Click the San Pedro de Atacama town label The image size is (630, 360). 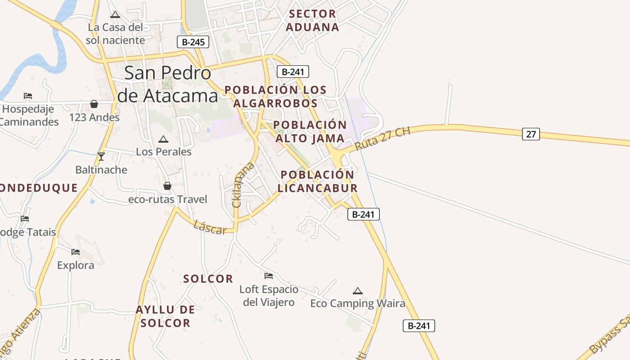coord(167,84)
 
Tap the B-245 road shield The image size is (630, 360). coord(193,42)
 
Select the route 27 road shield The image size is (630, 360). coord(531,134)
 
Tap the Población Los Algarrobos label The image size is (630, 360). coord(275,96)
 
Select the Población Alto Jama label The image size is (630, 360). coord(310,131)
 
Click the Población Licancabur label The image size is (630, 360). coord(317,181)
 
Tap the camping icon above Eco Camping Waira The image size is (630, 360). coord(358,291)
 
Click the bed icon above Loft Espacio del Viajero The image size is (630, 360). coord(269,275)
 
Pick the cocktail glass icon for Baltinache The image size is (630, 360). coord(101,157)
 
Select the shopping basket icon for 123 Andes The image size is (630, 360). coord(94,104)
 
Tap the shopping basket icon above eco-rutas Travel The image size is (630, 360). coord(167,186)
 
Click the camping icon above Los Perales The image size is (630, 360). coord(163,139)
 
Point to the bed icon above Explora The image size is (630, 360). coord(76,252)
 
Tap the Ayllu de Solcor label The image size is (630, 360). coord(165,316)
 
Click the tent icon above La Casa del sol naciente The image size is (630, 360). coord(116,14)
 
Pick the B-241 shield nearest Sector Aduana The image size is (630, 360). coord(292,72)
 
